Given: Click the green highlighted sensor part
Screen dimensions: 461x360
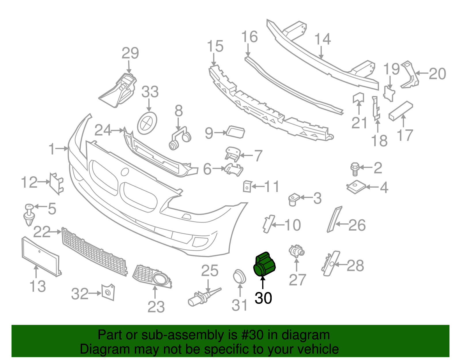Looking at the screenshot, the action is coord(264,264).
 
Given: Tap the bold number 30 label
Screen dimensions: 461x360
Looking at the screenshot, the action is coord(263,298).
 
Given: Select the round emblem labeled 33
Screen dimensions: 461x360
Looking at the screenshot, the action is coord(147,123).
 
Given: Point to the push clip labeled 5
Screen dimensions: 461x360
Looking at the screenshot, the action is coord(29,215).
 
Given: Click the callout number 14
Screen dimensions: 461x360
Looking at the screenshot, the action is coord(323,39).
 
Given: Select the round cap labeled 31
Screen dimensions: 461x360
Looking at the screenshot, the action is coord(239,277).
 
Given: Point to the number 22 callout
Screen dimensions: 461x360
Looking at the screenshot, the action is coord(42,232).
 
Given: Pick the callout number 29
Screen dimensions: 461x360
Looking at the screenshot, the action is coord(130,53).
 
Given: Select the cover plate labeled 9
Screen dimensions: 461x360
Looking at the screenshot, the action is coord(236,132).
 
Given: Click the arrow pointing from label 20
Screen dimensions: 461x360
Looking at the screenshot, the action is coord(422,73).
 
